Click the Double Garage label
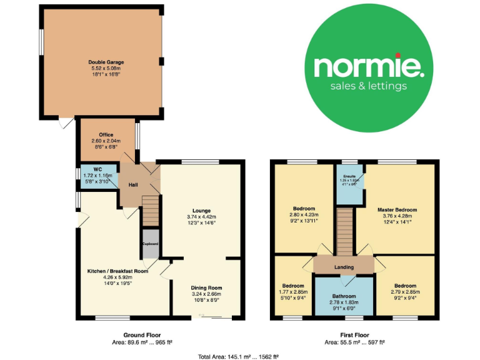click(x=106, y=62)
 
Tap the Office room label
click(x=106, y=134)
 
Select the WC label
click(x=97, y=169)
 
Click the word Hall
click(x=134, y=185)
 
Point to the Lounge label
click(x=201, y=211)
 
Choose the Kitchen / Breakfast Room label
click(x=117, y=271)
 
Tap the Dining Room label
click(x=206, y=287)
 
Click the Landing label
click(x=344, y=267)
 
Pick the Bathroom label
click(x=344, y=296)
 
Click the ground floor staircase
click(x=150, y=210)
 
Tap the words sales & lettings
click(x=369, y=86)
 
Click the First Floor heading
click(x=353, y=335)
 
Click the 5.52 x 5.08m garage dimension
click(x=106, y=69)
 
